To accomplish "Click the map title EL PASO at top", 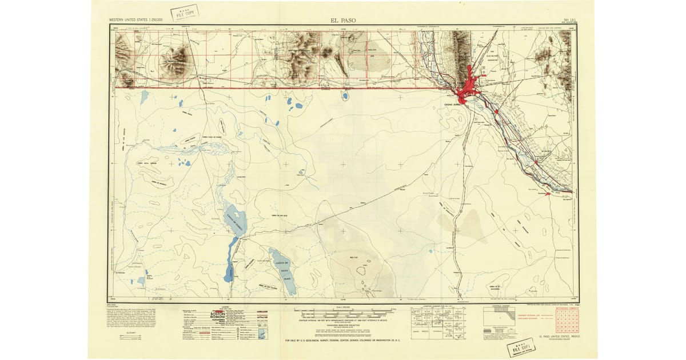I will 342,20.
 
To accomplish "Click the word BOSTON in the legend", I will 218,315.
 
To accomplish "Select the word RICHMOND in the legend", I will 218,320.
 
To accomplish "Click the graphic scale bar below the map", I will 343,313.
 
